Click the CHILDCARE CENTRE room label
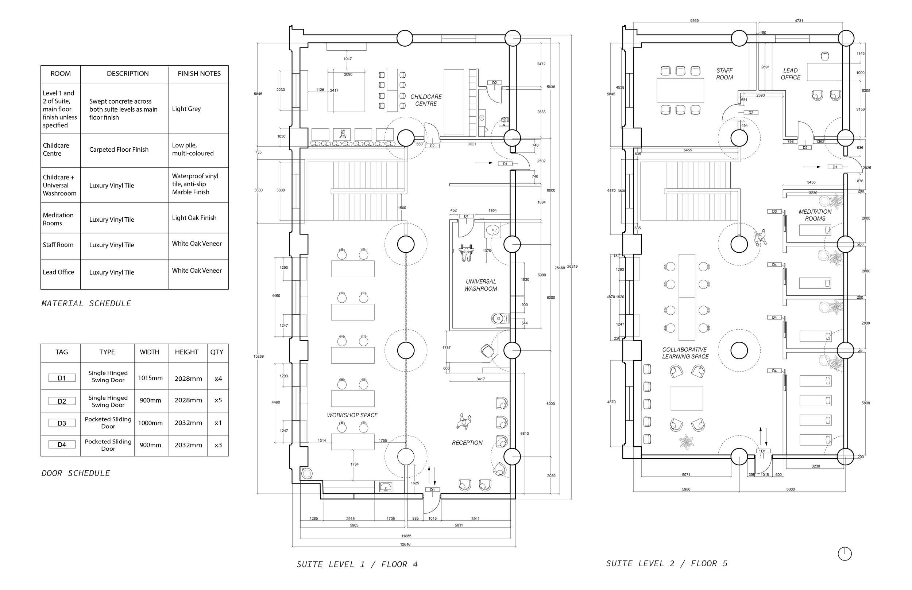[x=426, y=100]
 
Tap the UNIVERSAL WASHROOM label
[x=480, y=285]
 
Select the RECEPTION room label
[x=467, y=443]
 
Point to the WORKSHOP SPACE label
[x=352, y=415]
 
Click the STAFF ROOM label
[x=724, y=74]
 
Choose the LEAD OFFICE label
[x=790, y=74]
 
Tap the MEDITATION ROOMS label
[x=815, y=215]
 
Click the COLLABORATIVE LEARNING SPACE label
[x=685, y=353]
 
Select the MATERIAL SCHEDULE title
[x=86, y=303]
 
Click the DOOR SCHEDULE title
[x=76, y=473]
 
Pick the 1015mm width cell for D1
[x=150, y=378]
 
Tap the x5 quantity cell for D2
[x=218, y=400]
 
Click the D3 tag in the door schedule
[x=62, y=423]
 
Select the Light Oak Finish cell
[x=194, y=218]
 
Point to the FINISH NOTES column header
[x=199, y=74]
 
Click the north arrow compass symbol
[x=845, y=554]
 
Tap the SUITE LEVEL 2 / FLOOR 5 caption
[x=666, y=563]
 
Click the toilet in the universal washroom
[x=500, y=318]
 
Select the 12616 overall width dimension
[x=405, y=544]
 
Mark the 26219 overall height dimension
[x=572, y=266]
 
